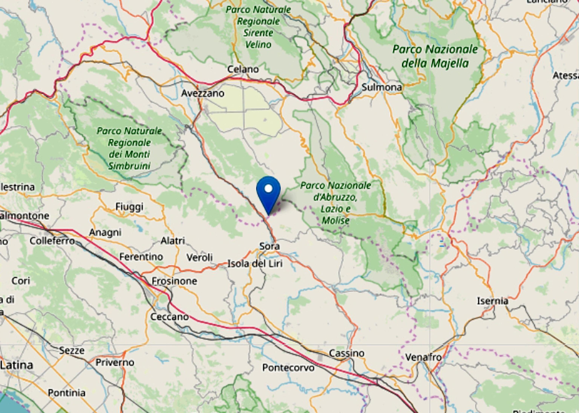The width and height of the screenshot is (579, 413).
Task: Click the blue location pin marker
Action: tap(268, 192)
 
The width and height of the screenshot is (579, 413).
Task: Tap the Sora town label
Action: tap(269, 246)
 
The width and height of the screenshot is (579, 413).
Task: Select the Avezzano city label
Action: tap(202, 93)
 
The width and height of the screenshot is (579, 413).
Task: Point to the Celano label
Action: tap(243, 69)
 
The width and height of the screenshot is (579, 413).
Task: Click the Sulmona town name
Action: tap(381, 87)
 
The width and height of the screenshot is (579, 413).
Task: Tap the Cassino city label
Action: tap(346, 353)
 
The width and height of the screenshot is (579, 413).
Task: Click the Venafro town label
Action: tap(423, 357)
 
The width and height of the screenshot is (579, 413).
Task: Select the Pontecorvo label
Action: tap(288, 368)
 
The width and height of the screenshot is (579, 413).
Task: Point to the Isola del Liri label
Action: tap(255, 264)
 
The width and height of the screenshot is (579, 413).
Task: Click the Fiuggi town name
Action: tap(129, 207)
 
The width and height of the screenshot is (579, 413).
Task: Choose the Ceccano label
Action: tap(170, 317)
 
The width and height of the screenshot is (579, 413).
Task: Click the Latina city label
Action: tap(17, 365)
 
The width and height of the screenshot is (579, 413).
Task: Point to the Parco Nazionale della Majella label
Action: tap(435, 56)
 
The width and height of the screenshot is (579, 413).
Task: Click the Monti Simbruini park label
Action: tap(129, 149)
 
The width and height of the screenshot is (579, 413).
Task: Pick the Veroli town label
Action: tap(199, 257)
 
